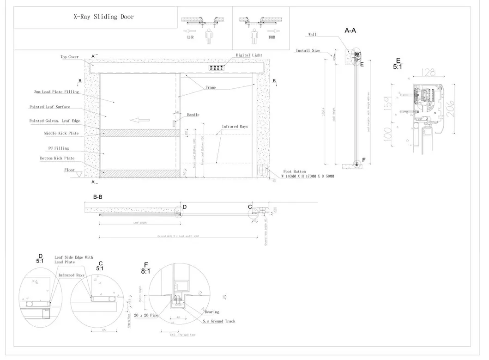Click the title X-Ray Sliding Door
[x=104, y=16]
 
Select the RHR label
[x=272, y=37]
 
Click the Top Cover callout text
[x=70, y=57]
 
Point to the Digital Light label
[x=249, y=55]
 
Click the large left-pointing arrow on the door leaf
[x=140, y=120]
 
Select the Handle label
[x=193, y=115]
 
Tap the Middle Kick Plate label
[x=61, y=133]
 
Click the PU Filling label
[x=59, y=148]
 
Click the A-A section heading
[x=350, y=30]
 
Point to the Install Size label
[x=308, y=50]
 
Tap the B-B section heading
[x=97, y=197]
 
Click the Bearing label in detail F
[x=212, y=312]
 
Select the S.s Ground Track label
[x=219, y=321]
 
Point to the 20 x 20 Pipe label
[x=146, y=314]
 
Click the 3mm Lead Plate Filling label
[x=56, y=92]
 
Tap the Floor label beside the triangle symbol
[x=69, y=170]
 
